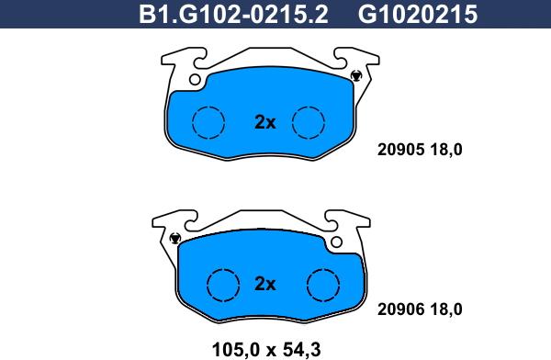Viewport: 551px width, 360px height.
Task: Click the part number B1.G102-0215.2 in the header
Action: click(x=233, y=14)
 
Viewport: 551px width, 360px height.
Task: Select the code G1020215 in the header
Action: click(x=418, y=14)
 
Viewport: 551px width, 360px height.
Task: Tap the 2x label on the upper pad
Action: click(x=265, y=122)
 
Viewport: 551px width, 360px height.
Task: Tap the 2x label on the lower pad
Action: click(x=265, y=284)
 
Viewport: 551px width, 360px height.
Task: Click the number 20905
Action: click(x=400, y=150)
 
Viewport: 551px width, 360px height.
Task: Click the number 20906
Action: click(x=400, y=309)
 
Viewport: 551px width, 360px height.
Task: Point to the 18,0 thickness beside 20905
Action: click(x=446, y=150)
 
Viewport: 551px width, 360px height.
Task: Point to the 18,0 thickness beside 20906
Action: click(x=446, y=309)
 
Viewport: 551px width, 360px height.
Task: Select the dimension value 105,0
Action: click(x=235, y=350)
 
